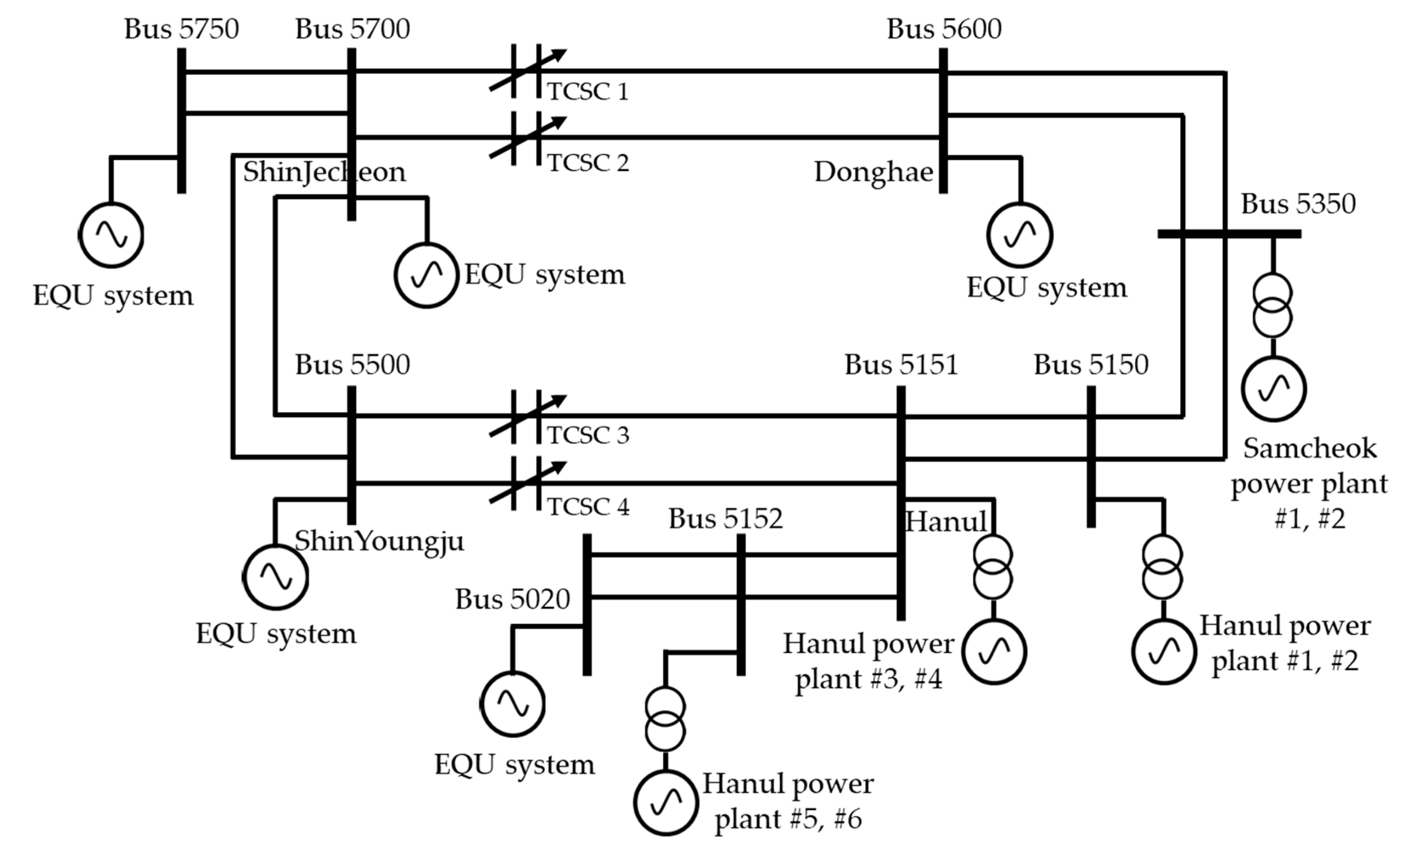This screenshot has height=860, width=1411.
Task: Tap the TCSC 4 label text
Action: point(588,507)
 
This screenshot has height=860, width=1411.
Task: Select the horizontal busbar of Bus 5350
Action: point(1229,234)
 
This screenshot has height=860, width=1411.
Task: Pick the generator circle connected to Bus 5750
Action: point(111,235)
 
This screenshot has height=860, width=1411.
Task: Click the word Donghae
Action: point(873,172)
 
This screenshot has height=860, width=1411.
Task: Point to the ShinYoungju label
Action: point(379,540)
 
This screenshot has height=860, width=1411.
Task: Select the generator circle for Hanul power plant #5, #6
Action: point(665,803)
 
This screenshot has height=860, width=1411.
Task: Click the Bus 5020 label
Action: point(513,599)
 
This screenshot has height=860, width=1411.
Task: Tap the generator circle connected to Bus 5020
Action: point(513,704)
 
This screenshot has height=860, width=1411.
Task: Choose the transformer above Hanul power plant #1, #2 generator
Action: point(1162,567)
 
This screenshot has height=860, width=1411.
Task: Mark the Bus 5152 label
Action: point(725,519)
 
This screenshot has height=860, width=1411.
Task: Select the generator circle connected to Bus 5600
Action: point(1019,235)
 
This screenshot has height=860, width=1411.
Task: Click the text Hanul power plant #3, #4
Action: point(868,661)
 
